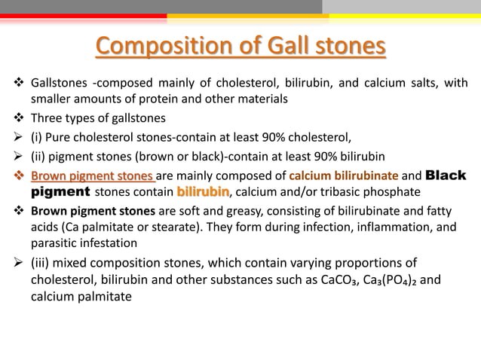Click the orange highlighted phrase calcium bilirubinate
point(333,176)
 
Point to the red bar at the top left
point(83,15)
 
